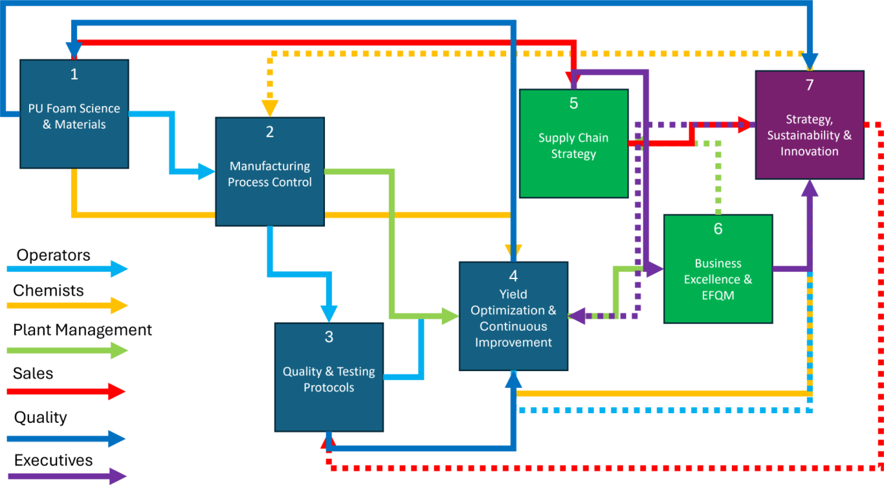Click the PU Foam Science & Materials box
point(74,114)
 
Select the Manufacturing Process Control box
point(270,172)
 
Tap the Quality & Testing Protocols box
point(329,377)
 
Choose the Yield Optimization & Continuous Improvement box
point(513,316)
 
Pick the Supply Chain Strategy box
point(574,143)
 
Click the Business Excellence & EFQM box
point(718,269)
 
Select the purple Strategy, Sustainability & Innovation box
point(810,125)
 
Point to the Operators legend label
point(53,255)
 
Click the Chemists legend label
point(48,290)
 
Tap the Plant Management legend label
point(82,330)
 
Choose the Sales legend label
point(33,373)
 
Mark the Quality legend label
point(40,418)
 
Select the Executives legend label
point(53,460)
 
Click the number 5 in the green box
point(574,104)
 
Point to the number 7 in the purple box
point(810,85)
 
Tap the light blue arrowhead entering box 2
point(207,172)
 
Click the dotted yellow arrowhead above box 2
point(270,109)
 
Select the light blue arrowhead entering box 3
point(329,314)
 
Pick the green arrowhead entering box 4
point(450,316)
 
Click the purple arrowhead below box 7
point(810,188)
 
